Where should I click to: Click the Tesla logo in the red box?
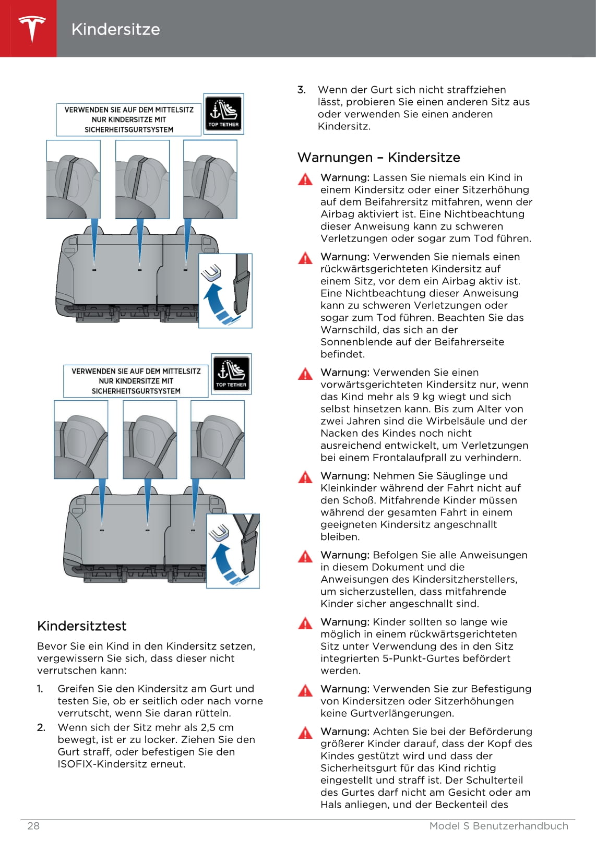pos(31,29)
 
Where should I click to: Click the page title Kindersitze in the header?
pos(115,29)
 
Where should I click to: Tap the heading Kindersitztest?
pos(82,626)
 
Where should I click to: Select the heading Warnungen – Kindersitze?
pos(379,158)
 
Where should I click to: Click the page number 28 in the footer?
pos(33,826)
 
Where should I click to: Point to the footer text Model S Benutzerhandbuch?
pos(498,826)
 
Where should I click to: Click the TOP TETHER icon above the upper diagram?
pos(223,113)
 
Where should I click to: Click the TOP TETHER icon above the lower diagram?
pos(231,374)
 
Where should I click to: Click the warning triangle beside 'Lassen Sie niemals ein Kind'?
pos(305,179)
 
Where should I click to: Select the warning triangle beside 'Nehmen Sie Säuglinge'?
pos(305,477)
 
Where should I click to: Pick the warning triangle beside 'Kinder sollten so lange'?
pos(305,624)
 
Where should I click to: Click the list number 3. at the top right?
pos(302,90)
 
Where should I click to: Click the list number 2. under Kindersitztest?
pos(41,727)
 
